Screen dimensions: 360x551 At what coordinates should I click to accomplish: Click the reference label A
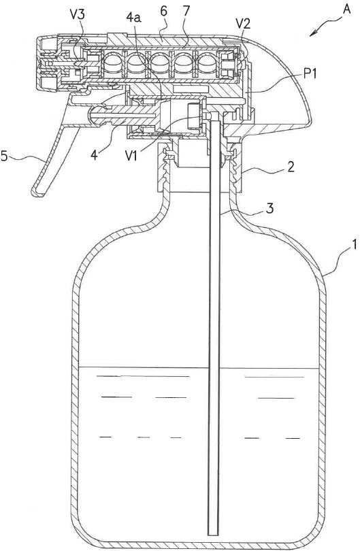click(x=346, y=10)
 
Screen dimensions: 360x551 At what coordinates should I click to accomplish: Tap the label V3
click(x=78, y=15)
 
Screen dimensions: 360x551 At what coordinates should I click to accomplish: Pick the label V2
click(x=243, y=24)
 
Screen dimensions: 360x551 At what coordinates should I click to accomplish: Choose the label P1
click(x=310, y=74)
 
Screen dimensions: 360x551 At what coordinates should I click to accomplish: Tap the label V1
click(x=131, y=155)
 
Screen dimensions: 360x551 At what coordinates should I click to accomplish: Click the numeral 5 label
click(x=4, y=156)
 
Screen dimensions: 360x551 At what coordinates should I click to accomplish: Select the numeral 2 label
click(x=291, y=167)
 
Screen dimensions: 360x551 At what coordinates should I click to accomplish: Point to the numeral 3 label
click(x=269, y=208)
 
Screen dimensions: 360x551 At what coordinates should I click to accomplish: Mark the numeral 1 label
click(x=355, y=244)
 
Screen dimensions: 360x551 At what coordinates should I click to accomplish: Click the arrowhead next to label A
click(x=314, y=34)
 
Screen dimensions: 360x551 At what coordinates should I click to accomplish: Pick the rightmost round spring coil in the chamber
click(x=208, y=63)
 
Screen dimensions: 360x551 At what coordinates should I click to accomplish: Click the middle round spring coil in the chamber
click(x=161, y=63)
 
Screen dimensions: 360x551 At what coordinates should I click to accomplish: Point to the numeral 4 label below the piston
click(x=94, y=154)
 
